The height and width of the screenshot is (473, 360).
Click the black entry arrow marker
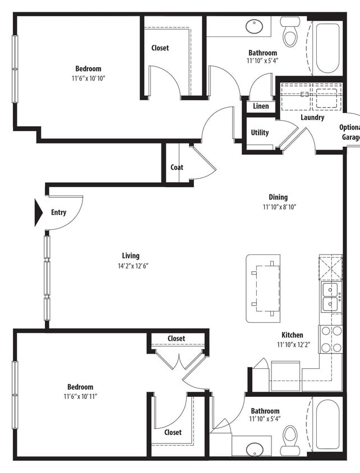[x=39, y=212]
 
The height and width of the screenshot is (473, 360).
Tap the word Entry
[x=58, y=212]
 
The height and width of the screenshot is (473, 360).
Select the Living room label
[x=131, y=256]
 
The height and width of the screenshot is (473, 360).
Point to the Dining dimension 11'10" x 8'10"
[x=279, y=207]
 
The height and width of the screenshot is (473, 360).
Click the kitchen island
[x=263, y=288]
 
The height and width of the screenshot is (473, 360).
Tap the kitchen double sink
[x=330, y=297]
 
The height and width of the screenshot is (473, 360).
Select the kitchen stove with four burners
[x=331, y=339]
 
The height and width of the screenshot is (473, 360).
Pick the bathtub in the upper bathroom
[x=327, y=48]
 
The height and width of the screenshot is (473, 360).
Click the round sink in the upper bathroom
[x=255, y=26]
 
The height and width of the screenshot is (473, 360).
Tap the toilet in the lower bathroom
[x=290, y=437]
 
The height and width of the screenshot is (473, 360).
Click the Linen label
[x=261, y=106]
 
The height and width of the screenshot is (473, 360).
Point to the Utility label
[x=260, y=133]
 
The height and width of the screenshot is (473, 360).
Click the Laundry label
[x=312, y=118]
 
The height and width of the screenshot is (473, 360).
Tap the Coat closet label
[x=177, y=167]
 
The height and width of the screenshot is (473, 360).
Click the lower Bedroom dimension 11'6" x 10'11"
[x=80, y=397]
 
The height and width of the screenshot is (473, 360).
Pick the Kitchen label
[x=292, y=335]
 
